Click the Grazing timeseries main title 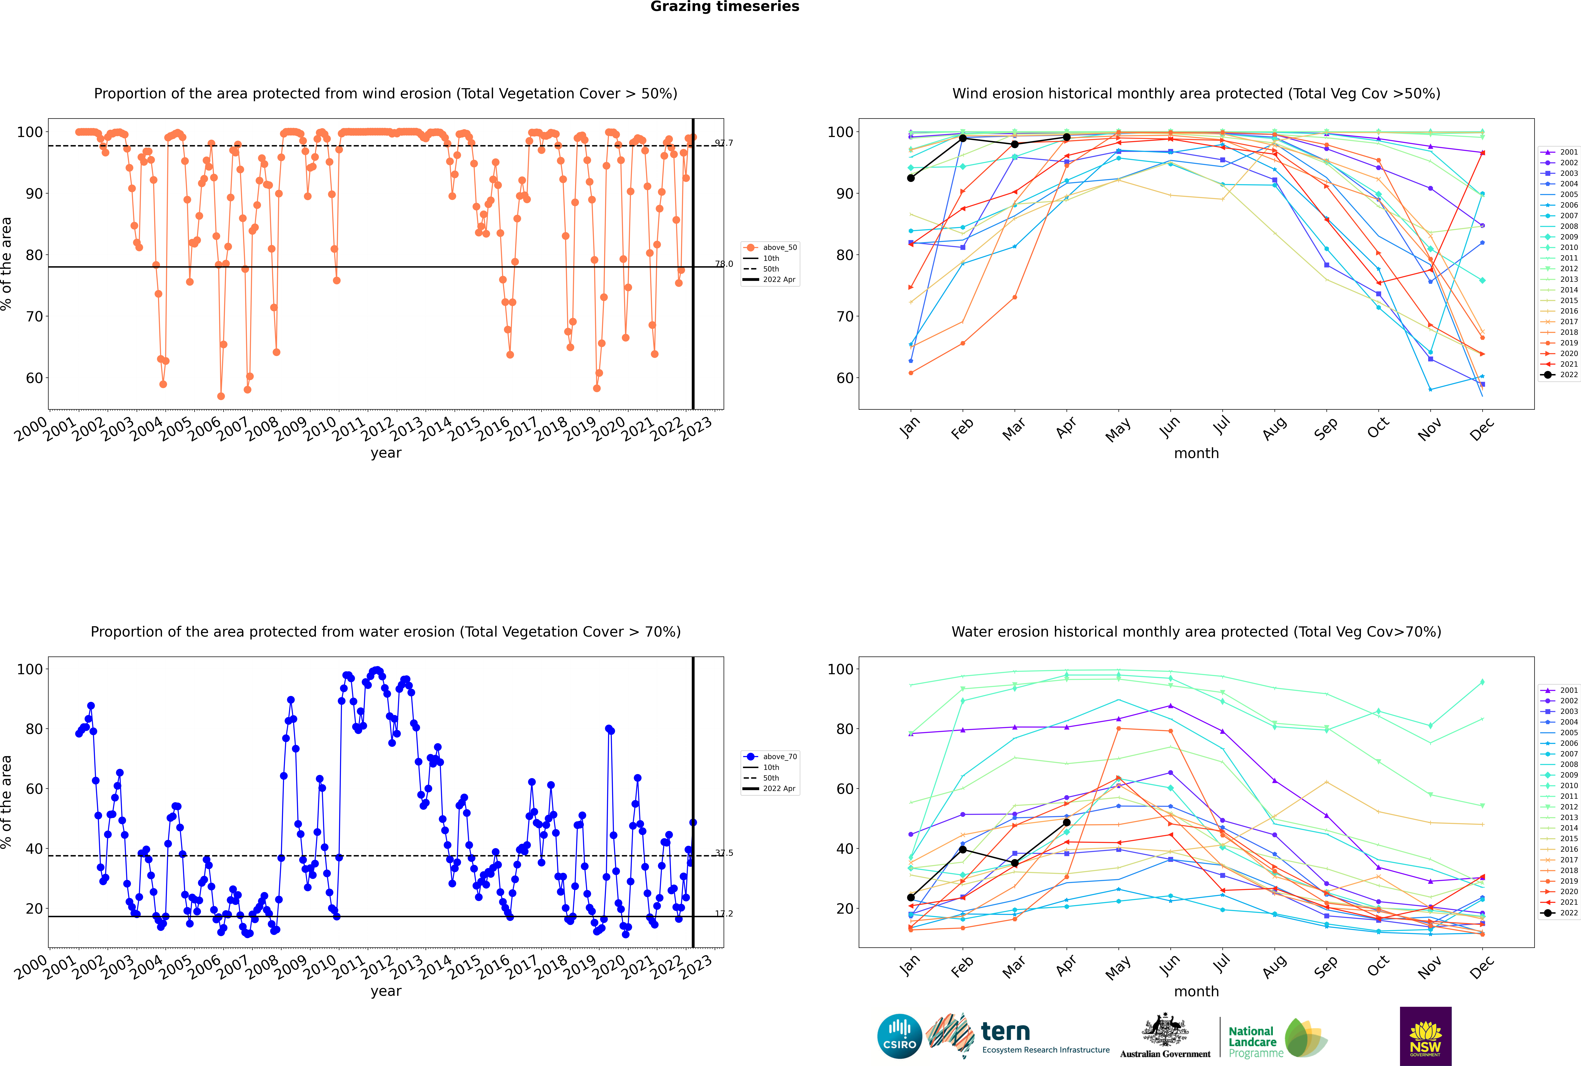[x=725, y=7]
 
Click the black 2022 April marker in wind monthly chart [x=1067, y=137]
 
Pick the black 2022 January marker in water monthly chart [x=911, y=897]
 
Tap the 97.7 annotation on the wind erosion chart [x=724, y=143]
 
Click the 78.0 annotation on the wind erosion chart [x=724, y=264]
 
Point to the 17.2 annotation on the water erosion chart [x=724, y=914]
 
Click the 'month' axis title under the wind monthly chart [x=1196, y=454]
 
